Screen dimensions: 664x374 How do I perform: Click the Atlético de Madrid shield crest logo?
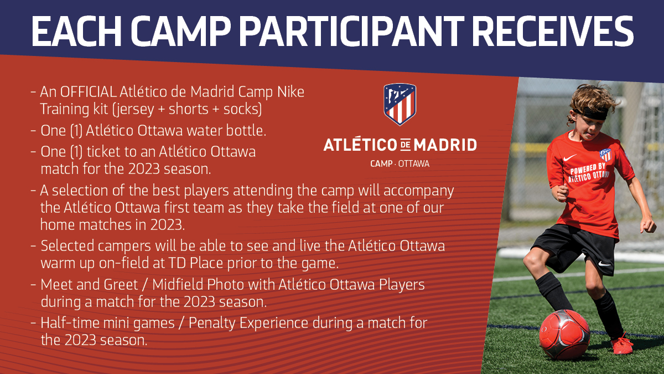(400, 104)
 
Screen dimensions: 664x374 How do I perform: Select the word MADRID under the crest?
(445, 145)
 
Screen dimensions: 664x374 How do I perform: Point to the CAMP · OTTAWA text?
(400, 163)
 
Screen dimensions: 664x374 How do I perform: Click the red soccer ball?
(564, 334)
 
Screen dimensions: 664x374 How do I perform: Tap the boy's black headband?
(590, 114)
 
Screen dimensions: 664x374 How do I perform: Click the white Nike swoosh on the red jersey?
(569, 157)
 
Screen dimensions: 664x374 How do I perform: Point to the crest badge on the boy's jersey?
(605, 155)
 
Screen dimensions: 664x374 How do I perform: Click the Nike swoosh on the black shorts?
(604, 264)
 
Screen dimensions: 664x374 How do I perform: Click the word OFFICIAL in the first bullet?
(88, 92)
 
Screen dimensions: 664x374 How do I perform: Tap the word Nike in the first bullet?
(291, 92)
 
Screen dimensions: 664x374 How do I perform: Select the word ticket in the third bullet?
(103, 152)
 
